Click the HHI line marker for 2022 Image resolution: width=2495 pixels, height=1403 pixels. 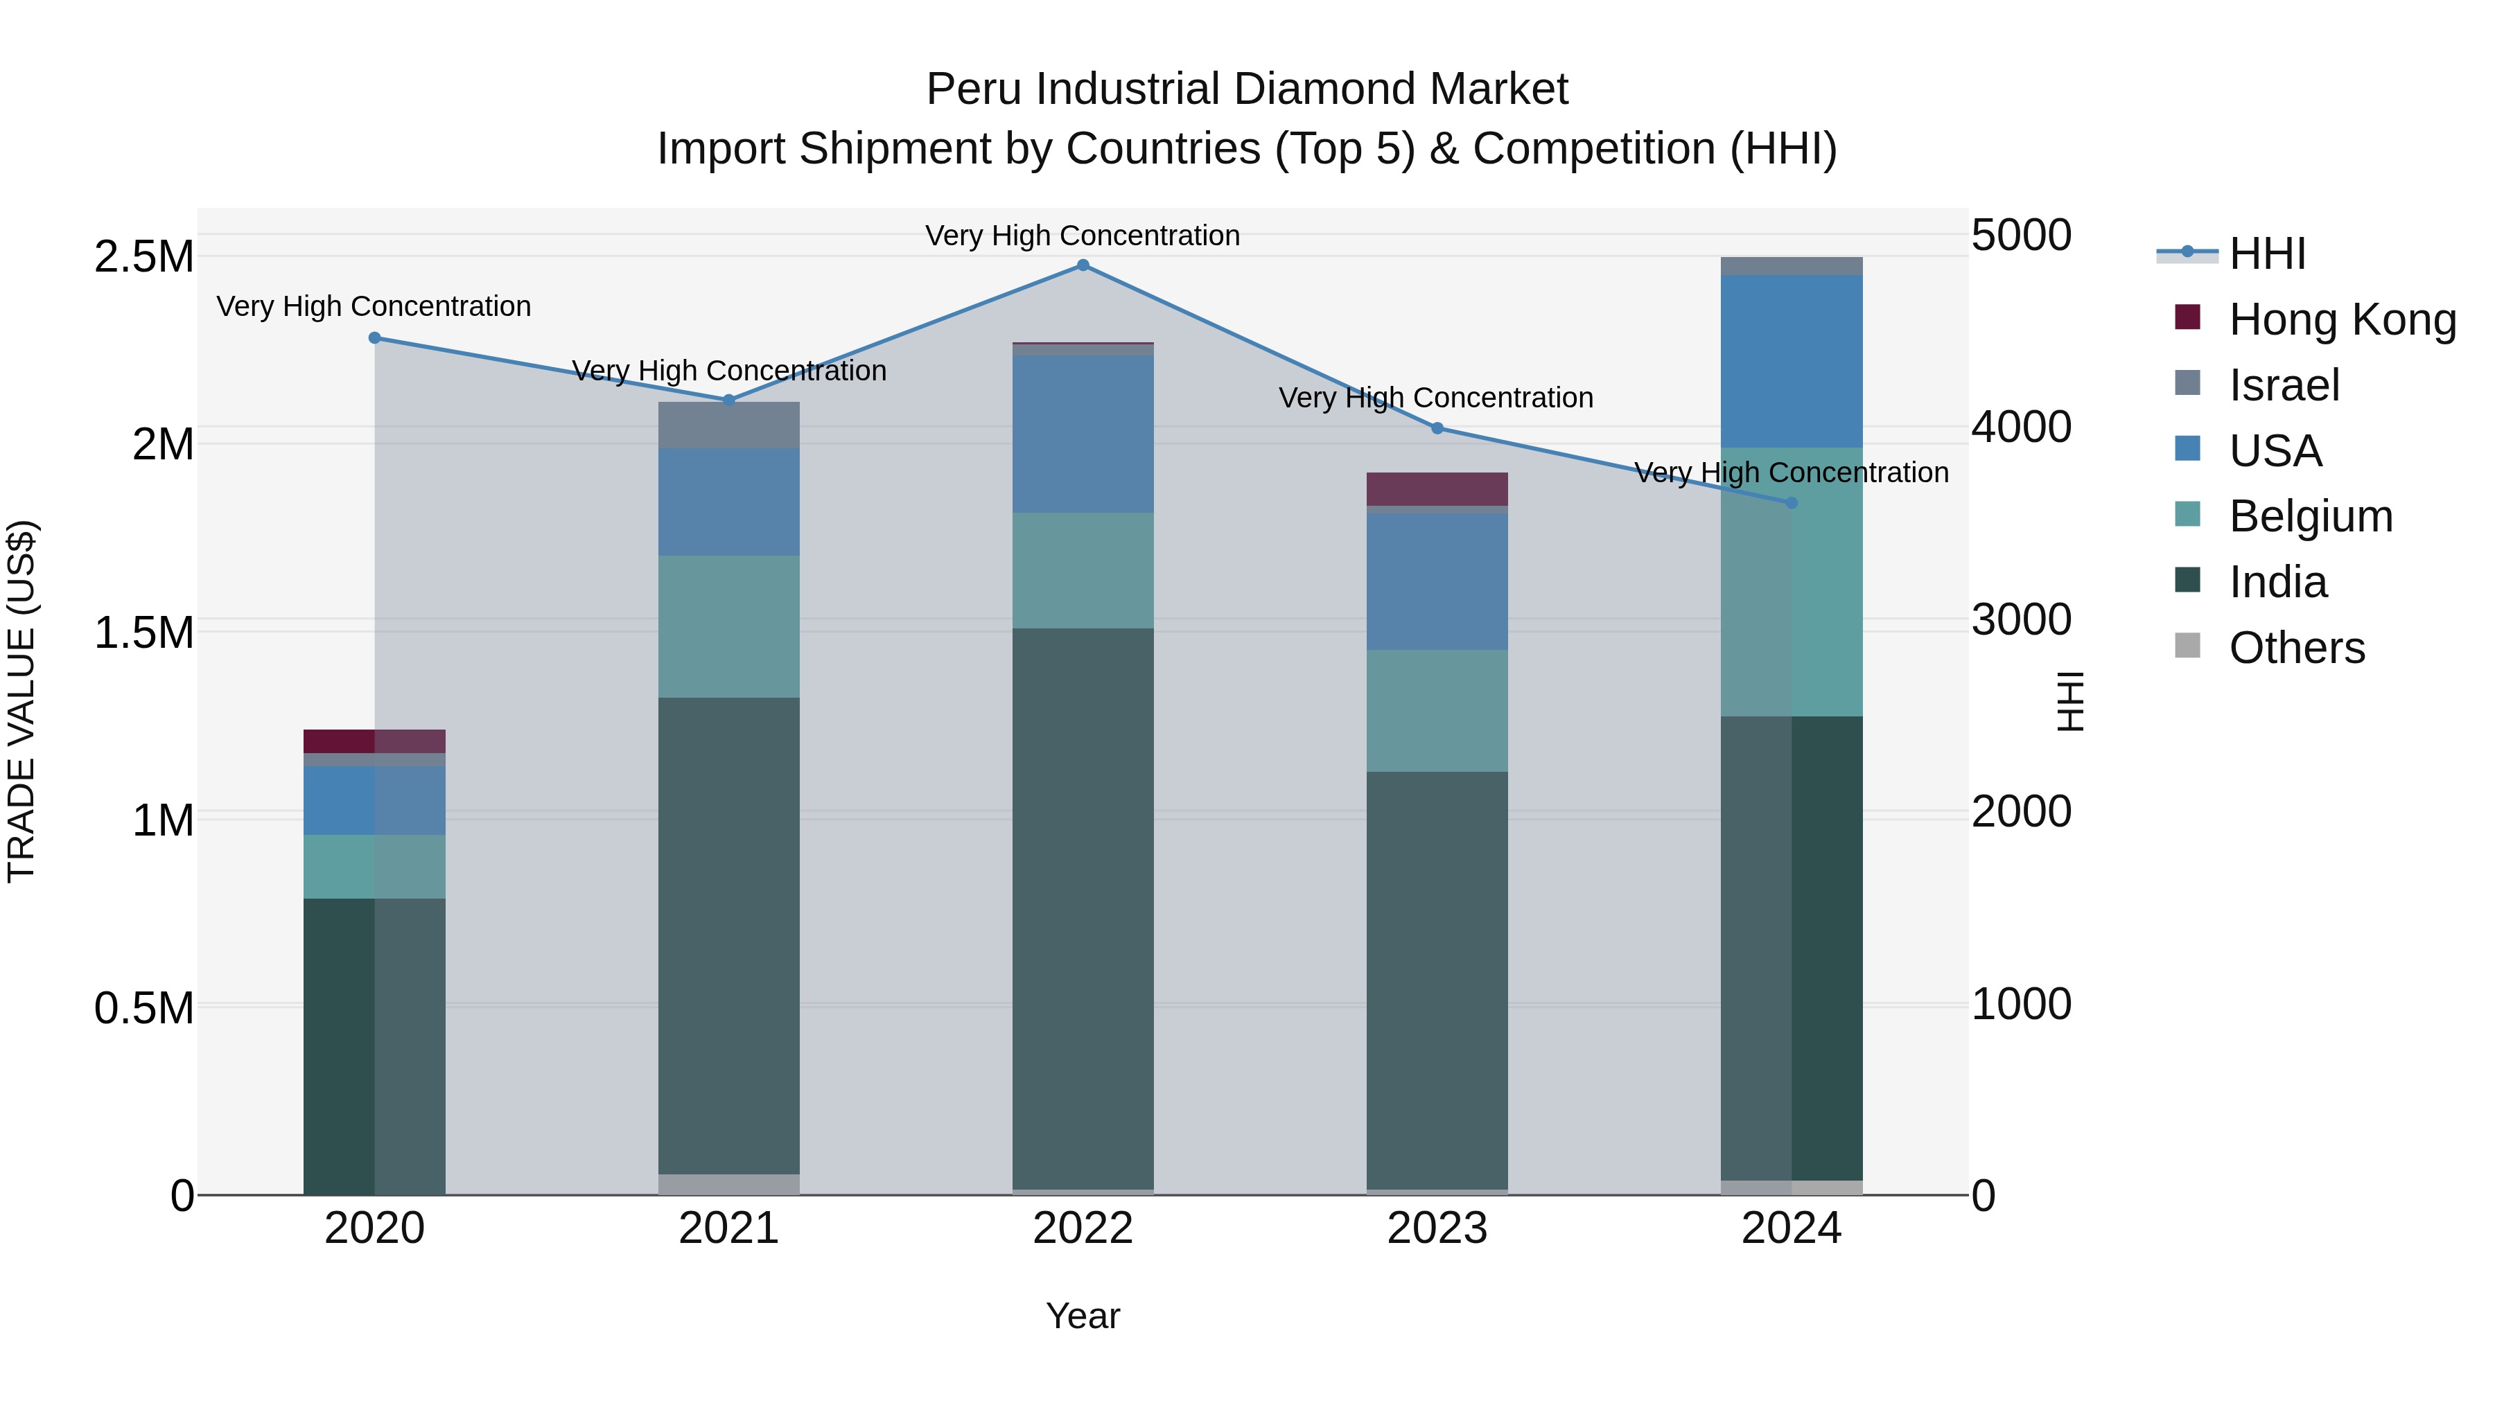coord(1083,265)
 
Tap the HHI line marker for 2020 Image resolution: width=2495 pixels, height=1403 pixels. coord(375,338)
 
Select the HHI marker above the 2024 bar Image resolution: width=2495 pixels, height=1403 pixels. coord(1791,502)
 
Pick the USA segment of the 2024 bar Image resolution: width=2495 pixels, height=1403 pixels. coord(1791,360)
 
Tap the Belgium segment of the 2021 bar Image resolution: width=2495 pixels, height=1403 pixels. coord(728,626)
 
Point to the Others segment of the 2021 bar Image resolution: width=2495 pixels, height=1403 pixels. coord(728,1183)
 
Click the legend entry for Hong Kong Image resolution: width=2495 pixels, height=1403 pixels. coord(2342,319)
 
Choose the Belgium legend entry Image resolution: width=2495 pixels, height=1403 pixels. coord(2310,516)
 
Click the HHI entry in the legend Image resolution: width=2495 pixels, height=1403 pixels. coord(2266,254)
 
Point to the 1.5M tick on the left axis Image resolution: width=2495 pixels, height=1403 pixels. coord(144,633)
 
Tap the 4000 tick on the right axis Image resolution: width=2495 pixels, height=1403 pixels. coord(2022,427)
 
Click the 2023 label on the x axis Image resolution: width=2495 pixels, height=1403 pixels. coord(1437,1228)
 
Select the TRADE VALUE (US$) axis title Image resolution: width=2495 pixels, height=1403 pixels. coord(21,701)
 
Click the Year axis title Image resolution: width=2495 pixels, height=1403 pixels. coord(1083,1316)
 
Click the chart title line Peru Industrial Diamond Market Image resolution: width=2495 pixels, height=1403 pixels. coord(1247,89)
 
